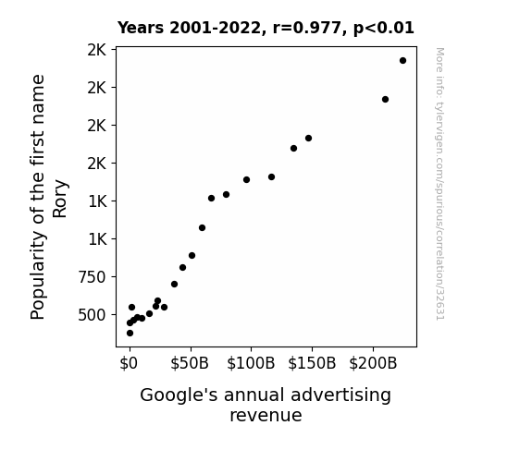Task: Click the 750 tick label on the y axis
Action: [x=92, y=277]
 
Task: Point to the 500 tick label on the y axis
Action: [x=92, y=315]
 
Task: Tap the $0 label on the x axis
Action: [x=129, y=363]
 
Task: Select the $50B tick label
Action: [x=190, y=363]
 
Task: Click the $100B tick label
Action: [x=251, y=363]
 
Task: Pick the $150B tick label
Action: [x=312, y=363]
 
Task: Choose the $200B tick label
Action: [x=373, y=363]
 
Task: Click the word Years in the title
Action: [x=141, y=28]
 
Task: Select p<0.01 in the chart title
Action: [x=384, y=29]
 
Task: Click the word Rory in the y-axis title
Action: [x=60, y=199]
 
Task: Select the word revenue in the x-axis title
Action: [x=266, y=415]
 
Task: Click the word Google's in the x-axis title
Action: [x=179, y=395]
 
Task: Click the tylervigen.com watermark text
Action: [x=440, y=184]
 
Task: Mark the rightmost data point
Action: [x=402, y=61]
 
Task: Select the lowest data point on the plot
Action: [x=130, y=334]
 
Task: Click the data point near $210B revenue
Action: [x=385, y=99]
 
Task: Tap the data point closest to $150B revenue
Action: [x=308, y=139]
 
